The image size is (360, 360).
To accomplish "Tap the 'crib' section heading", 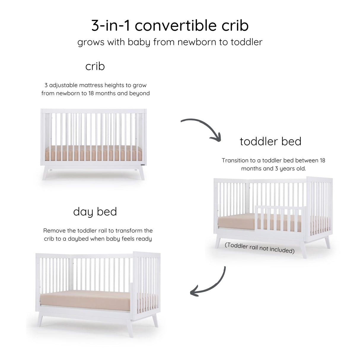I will tap(95, 66).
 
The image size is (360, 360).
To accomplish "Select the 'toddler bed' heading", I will tap(270, 141).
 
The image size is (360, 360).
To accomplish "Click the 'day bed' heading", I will tap(95, 212).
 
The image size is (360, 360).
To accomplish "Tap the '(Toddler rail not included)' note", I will tap(259, 248).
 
